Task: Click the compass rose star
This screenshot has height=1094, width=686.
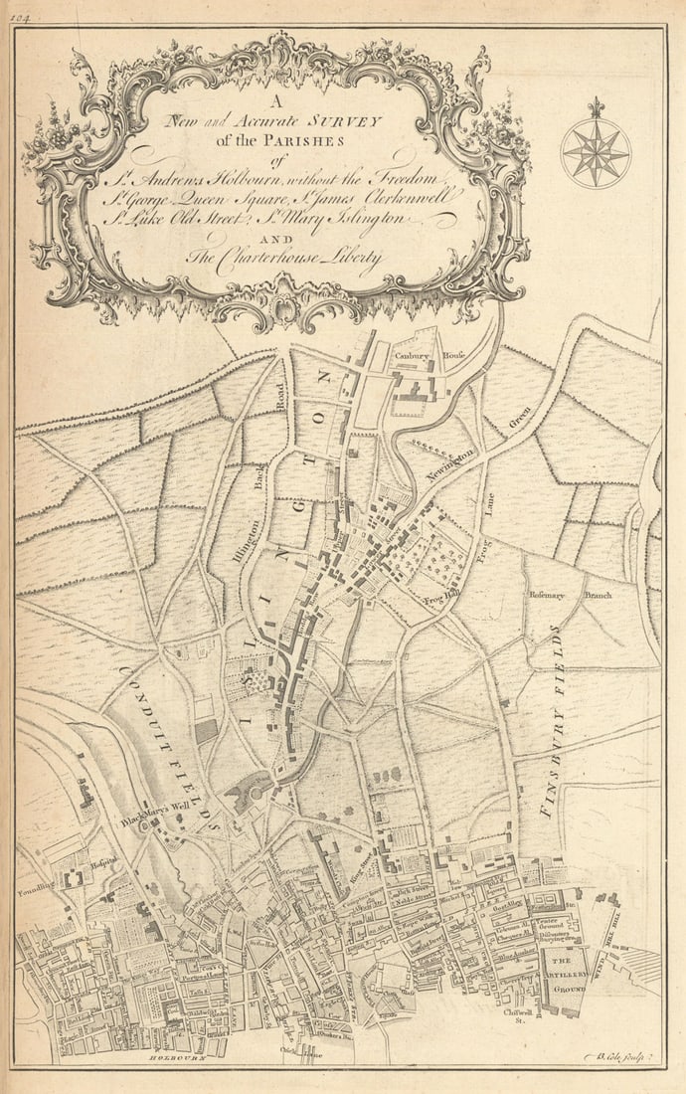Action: pos(596,153)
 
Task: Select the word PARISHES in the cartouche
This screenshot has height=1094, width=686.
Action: pos(308,139)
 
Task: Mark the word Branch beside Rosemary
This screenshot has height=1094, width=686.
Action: pos(599,595)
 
